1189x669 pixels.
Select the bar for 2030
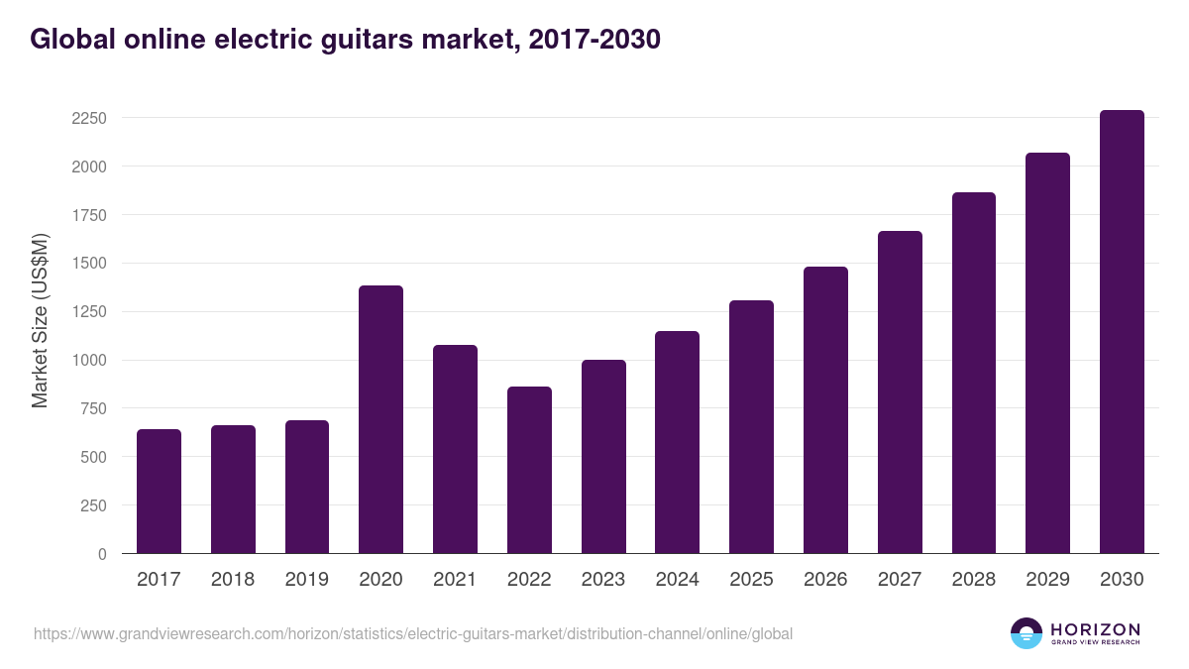click(x=1122, y=332)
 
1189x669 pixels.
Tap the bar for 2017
click(x=159, y=492)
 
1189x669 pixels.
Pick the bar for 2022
click(x=529, y=470)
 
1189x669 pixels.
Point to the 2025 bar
click(x=751, y=427)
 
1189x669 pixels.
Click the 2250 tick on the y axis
click(x=89, y=118)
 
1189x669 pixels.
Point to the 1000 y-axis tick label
click(x=89, y=360)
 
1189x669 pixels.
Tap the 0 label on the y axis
click(x=102, y=554)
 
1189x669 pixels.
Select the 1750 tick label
click(x=89, y=215)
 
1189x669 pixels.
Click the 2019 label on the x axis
click(x=306, y=580)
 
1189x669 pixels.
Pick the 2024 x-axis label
click(x=677, y=580)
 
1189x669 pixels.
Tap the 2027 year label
click(x=900, y=580)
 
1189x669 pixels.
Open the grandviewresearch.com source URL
click(x=413, y=633)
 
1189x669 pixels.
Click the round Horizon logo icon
click(x=1027, y=633)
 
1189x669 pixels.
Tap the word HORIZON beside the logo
click(x=1095, y=629)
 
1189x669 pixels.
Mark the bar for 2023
click(x=603, y=457)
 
